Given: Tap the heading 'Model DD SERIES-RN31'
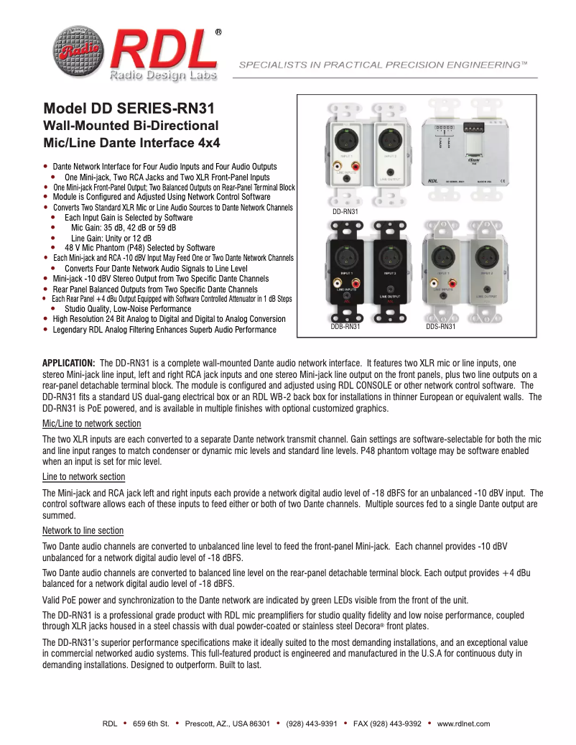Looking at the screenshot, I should click(x=129, y=110).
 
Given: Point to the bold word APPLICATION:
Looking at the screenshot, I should click(x=69, y=363).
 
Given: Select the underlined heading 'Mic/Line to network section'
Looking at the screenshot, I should click(x=92, y=424).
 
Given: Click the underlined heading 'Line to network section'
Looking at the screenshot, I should click(x=84, y=477).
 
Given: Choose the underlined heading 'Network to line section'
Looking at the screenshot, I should click(x=83, y=531).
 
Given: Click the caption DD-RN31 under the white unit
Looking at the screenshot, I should click(x=345, y=212).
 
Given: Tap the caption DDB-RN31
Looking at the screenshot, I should click(x=345, y=327).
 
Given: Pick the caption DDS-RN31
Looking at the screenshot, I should click(x=440, y=327).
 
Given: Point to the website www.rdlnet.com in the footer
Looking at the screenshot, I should click(x=463, y=723).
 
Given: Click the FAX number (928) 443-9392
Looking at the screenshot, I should click(x=387, y=723).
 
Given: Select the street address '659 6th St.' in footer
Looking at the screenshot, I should click(x=151, y=723).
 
